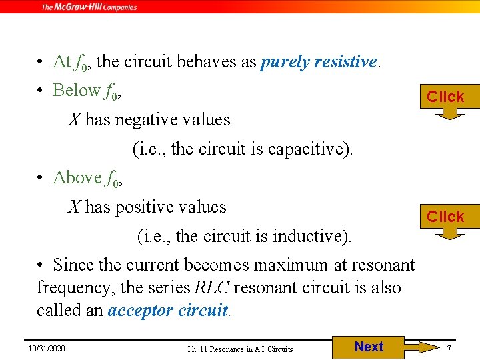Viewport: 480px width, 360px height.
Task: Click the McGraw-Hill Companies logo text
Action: click(89, 7)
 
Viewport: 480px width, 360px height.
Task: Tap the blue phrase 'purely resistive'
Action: click(319, 62)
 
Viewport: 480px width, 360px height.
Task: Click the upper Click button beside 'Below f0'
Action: click(445, 97)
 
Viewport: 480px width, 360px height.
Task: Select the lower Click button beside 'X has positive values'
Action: click(445, 217)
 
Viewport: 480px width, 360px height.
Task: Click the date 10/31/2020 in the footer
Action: click(47, 348)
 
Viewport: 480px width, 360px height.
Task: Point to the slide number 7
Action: click(449, 349)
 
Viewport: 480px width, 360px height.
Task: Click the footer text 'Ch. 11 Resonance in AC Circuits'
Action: click(239, 349)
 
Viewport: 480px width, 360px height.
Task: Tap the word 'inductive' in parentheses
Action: click(311, 236)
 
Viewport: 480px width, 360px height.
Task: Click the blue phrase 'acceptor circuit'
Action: click(167, 311)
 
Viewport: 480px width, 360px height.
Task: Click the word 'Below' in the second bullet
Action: click(76, 90)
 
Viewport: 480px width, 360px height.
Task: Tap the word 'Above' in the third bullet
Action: click(77, 178)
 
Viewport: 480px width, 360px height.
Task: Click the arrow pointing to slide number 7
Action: click(419, 347)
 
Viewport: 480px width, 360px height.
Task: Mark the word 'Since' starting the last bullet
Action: click(73, 265)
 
